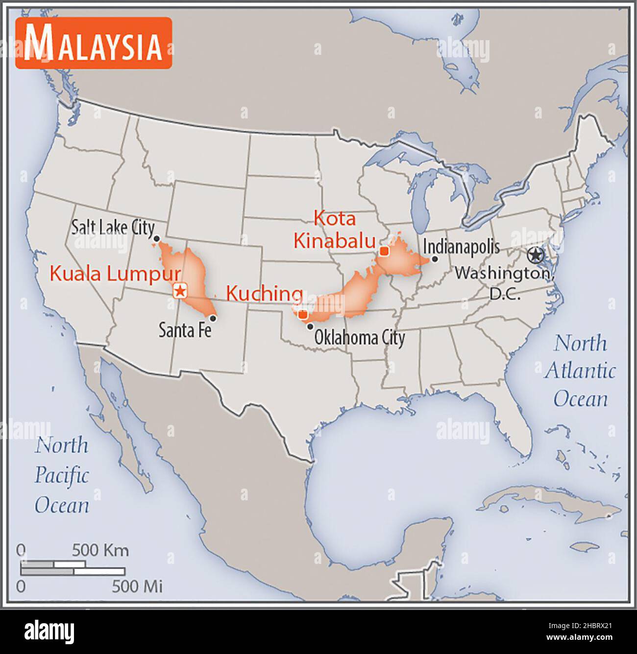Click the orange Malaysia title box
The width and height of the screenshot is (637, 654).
(94, 43)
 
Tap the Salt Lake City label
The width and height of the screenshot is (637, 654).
(113, 228)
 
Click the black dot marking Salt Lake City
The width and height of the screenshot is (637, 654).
(156, 238)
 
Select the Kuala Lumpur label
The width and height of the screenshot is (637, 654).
(115, 274)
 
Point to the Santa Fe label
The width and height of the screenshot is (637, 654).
(185, 331)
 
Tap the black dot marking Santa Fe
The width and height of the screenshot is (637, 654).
(213, 318)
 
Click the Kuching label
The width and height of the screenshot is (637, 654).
(264, 294)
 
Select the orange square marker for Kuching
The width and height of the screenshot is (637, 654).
(303, 315)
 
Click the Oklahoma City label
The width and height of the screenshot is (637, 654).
(359, 337)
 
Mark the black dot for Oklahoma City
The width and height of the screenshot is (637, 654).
(310, 326)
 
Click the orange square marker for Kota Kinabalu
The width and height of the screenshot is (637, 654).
(384, 251)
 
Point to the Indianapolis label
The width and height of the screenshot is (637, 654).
(461, 246)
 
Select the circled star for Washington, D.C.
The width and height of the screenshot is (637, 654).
(536, 255)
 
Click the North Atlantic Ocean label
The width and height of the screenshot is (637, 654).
(580, 371)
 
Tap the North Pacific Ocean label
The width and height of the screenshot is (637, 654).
(62, 475)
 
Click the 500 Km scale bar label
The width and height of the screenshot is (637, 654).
(100, 550)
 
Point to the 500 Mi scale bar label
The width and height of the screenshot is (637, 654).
(137, 585)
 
